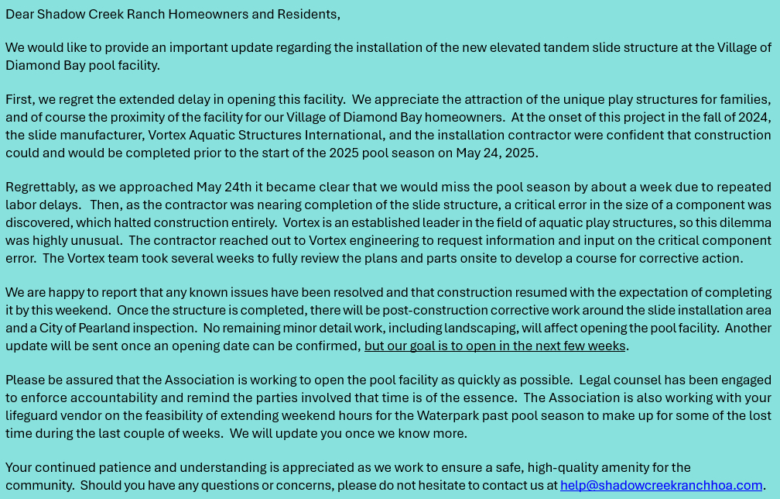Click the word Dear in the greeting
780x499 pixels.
click(20, 14)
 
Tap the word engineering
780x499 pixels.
click(388, 240)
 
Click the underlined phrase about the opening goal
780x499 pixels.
click(494, 346)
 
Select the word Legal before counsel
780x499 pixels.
click(596, 380)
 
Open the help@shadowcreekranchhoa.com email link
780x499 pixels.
click(661, 485)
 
